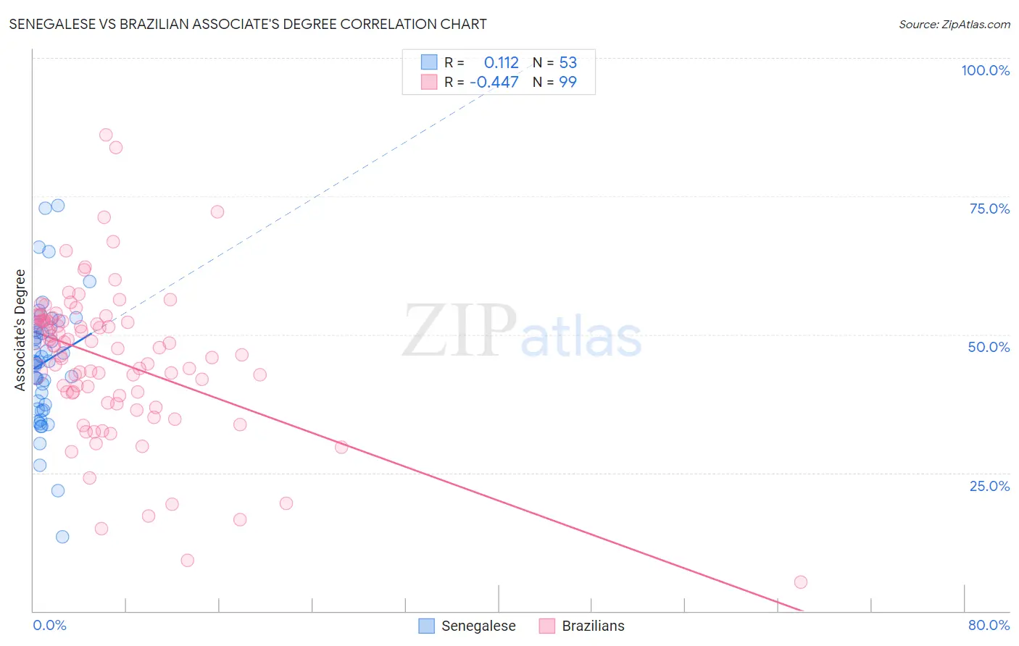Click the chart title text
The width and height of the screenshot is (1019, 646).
tap(248, 24)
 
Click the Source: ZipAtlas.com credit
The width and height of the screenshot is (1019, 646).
tap(954, 25)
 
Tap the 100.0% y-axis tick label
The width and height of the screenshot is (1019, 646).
tap(985, 70)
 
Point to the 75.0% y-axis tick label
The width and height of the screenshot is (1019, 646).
tap(989, 209)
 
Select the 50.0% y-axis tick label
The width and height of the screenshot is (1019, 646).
tap(989, 347)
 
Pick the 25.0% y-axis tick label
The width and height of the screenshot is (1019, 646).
tap(989, 486)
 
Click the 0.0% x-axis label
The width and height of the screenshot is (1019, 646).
tap(49, 625)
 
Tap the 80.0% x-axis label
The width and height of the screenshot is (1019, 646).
tap(989, 625)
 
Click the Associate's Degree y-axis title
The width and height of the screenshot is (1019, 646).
tap(20, 330)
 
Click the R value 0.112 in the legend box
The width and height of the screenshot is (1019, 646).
tap(501, 63)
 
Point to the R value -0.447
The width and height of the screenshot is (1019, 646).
tap(494, 83)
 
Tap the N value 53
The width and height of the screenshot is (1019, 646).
tap(567, 63)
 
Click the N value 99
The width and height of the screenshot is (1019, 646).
tap(567, 83)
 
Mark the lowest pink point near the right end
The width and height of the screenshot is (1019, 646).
tap(800, 582)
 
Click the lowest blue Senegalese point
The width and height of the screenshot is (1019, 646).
tap(62, 537)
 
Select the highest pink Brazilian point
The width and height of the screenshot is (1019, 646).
tap(106, 135)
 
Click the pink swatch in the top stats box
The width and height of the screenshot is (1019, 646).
tap(429, 82)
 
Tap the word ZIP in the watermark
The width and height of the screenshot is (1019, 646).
tap(459, 330)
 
